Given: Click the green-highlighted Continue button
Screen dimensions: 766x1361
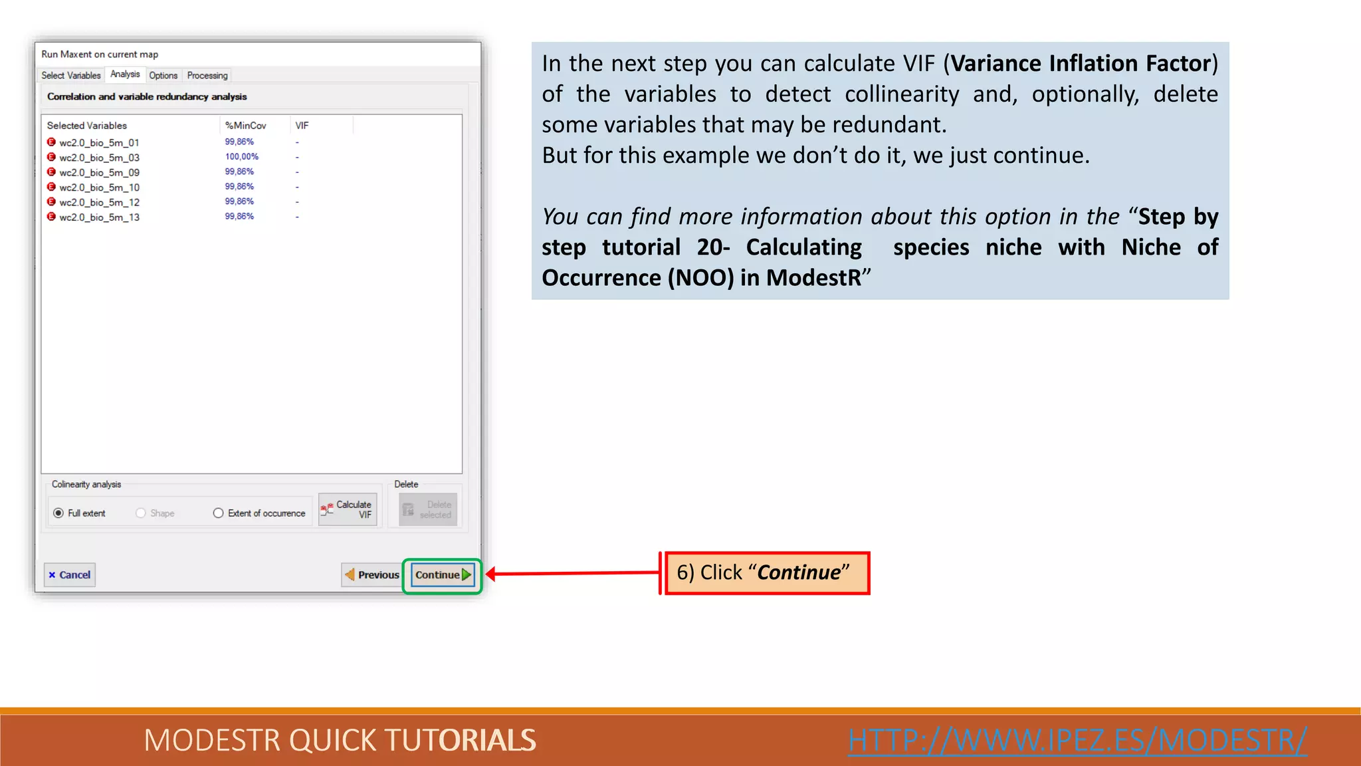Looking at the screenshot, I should [443, 575].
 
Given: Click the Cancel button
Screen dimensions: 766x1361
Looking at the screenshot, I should [70, 575].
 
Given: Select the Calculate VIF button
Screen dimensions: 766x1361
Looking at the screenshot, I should [348, 510].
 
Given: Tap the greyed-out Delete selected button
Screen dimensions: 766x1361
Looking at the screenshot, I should [428, 510].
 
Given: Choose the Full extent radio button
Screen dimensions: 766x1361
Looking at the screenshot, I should [58, 513].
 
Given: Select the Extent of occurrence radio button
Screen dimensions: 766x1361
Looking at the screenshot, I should [218, 513].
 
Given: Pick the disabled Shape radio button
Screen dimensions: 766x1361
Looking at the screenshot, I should [141, 513].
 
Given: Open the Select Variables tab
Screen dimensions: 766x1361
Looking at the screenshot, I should [70, 76].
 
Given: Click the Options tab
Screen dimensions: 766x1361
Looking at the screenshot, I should [163, 76].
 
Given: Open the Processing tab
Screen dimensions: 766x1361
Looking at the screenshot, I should [207, 76].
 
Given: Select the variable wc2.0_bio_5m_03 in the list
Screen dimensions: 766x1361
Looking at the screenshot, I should [99, 158].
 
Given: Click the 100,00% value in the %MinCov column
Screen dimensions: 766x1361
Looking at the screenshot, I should [241, 157].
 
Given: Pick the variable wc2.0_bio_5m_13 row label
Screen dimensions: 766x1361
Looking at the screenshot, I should [99, 217].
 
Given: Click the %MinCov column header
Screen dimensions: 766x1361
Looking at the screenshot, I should [245, 126].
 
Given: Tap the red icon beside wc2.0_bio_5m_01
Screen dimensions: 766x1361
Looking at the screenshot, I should [51, 142].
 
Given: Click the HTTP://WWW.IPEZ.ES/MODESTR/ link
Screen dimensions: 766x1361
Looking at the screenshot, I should [1077, 740].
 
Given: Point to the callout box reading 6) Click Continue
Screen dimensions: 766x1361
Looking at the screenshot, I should [767, 573].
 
